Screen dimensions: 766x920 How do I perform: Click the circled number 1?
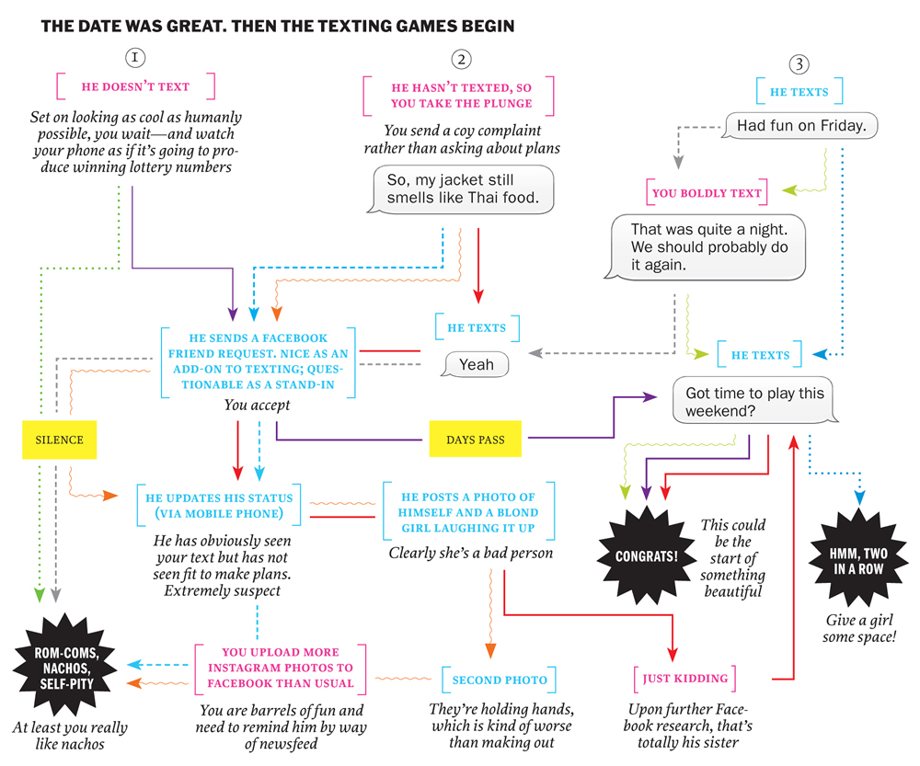tap(134, 57)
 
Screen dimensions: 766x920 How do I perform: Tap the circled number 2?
tap(461, 60)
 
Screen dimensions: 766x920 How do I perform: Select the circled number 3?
tap(799, 64)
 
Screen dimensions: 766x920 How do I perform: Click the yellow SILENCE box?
tap(60, 440)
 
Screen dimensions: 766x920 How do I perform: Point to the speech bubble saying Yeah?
tap(475, 365)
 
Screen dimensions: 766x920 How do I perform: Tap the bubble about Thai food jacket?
tap(463, 189)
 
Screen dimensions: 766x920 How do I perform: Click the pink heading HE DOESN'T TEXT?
tap(135, 86)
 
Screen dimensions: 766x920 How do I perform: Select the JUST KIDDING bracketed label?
tap(685, 679)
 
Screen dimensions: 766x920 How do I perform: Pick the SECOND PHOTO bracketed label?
tap(500, 680)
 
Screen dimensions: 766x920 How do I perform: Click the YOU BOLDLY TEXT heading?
tap(707, 193)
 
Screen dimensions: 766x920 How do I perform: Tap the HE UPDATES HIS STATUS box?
tap(213, 504)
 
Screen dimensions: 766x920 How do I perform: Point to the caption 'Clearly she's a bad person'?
tap(470, 553)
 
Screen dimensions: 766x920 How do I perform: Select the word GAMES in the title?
tap(430, 27)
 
